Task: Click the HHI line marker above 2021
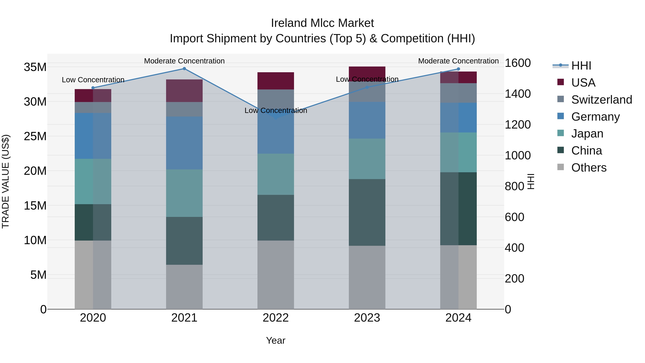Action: click(184, 69)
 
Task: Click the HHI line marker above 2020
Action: click(93, 88)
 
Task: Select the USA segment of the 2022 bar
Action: click(276, 81)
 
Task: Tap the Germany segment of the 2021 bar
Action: click(184, 143)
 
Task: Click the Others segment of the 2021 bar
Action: click(184, 287)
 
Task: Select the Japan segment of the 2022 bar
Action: click(276, 174)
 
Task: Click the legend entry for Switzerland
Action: click(601, 100)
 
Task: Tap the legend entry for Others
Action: click(589, 168)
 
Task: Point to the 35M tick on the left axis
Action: click(35, 67)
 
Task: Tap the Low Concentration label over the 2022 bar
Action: click(276, 110)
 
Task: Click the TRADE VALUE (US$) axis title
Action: click(6, 181)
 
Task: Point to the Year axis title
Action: click(276, 340)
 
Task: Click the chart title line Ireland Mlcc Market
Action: click(322, 23)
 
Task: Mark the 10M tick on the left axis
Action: click(35, 240)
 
